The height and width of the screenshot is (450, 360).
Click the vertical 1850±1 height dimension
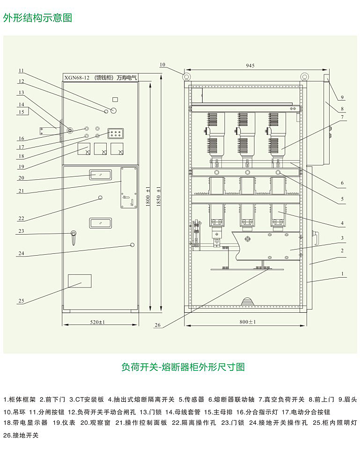[x=159, y=197]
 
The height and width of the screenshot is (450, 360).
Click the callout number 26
[x=157, y=325]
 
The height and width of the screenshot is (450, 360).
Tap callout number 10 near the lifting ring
[x=162, y=65]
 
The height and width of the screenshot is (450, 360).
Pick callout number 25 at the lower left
[x=21, y=301]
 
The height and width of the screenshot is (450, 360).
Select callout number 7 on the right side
[x=343, y=117]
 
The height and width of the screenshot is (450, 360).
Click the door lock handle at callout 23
[x=73, y=236]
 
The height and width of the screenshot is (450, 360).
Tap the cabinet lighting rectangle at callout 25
[x=80, y=280]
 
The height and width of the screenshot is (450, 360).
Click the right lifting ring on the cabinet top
[x=304, y=75]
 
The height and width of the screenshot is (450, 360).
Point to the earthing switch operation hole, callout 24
[x=132, y=244]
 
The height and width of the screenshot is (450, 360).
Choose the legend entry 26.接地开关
[x=21, y=435]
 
